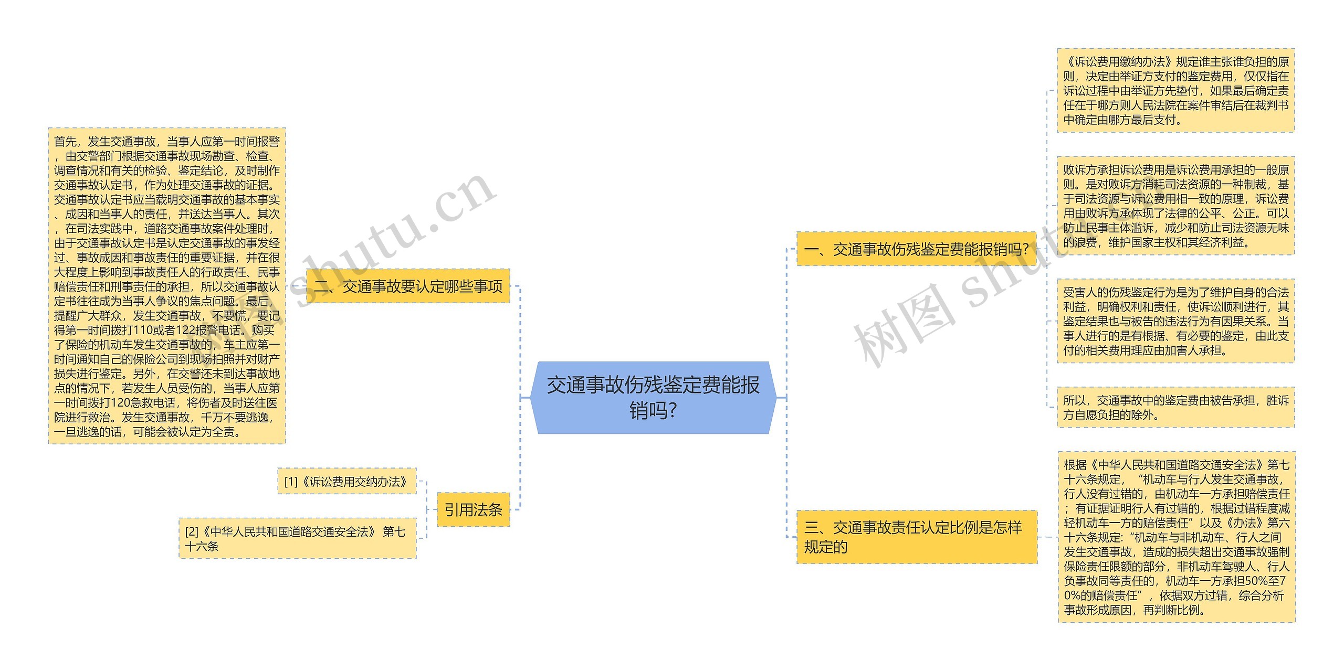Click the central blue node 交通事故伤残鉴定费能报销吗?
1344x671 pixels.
tap(653, 398)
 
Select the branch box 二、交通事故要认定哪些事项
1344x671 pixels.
tap(408, 286)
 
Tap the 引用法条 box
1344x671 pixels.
tap(473, 509)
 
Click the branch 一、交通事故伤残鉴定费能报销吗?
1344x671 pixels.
tap(916, 249)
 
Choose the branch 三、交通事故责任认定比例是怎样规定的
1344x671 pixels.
tap(916, 537)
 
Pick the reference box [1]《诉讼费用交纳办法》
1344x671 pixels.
tap(346, 481)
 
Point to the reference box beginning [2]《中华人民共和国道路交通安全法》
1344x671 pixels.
tap(297, 538)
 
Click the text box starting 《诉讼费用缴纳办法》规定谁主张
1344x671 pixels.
tap(1175, 90)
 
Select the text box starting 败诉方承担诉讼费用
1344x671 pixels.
tap(1175, 206)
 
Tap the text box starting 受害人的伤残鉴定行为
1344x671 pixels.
tap(1175, 321)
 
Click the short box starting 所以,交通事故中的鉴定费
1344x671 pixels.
tap(1175, 408)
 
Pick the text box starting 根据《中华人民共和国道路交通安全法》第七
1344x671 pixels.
tap(1177, 537)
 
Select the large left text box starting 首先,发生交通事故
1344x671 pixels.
tap(167, 286)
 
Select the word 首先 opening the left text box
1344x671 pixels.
tap(65, 142)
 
